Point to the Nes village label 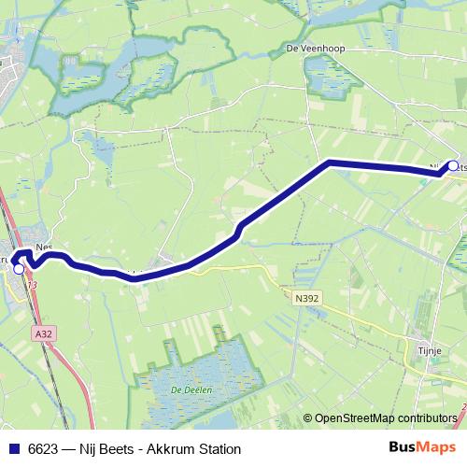pyautogui.click(x=42, y=248)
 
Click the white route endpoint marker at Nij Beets pyautogui.click(x=453, y=166)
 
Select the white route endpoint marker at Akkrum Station pyautogui.click(x=19, y=269)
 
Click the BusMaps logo pyautogui.click(x=423, y=448)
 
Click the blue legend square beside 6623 pyautogui.click(x=13, y=449)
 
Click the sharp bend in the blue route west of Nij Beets pyautogui.click(x=330, y=163)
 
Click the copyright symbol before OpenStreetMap pyautogui.click(x=308, y=418)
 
